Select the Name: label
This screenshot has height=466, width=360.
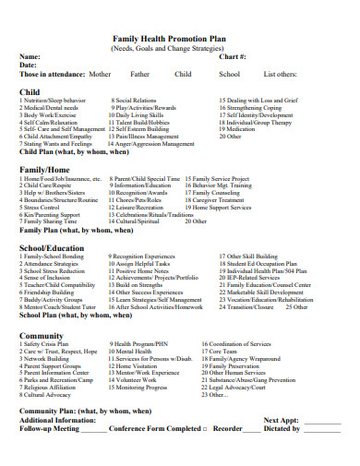point(30,56)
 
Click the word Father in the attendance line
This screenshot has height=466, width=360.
point(139,73)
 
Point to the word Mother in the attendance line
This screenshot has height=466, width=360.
point(100,73)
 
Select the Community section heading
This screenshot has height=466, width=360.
point(42,336)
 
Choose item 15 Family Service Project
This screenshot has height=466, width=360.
point(217,179)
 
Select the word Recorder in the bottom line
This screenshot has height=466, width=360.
point(228,428)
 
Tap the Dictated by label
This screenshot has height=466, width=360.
point(282,428)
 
